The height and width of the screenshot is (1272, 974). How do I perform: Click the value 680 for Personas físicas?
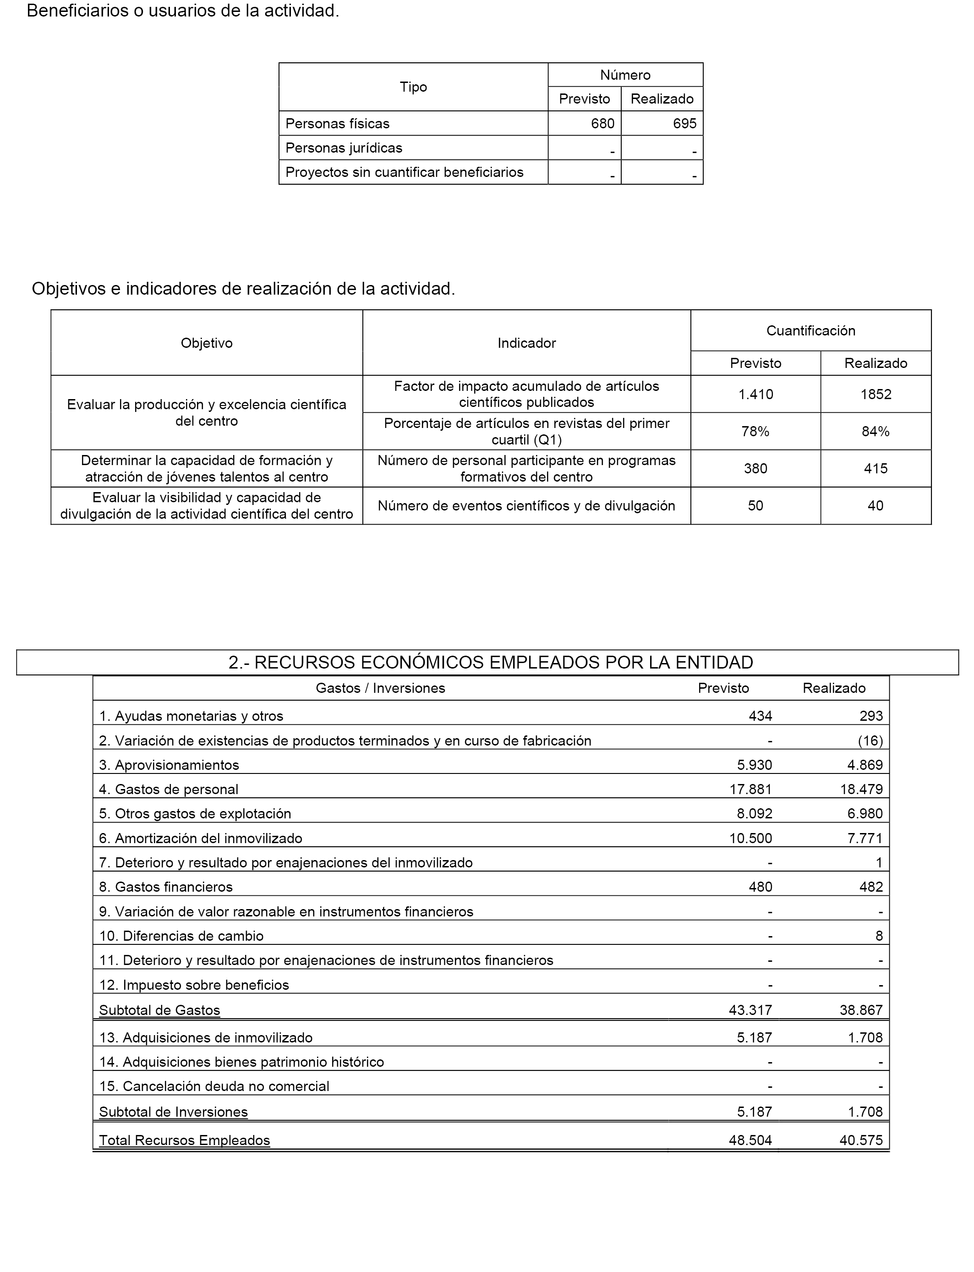(602, 124)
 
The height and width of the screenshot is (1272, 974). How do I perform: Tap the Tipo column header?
(413, 87)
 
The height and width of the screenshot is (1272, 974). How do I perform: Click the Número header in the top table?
(625, 75)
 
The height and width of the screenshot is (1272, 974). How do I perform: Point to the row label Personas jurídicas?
(344, 148)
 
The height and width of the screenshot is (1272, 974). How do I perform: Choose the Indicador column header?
(526, 343)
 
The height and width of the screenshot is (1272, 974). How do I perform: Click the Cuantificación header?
(810, 330)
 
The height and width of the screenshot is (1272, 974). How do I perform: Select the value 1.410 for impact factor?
(755, 394)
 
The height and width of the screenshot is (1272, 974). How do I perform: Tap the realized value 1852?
(876, 394)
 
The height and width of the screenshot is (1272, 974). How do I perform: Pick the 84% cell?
(876, 431)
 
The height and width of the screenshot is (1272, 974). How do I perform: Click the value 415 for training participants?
(876, 468)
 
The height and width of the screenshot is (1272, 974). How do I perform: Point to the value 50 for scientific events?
(755, 505)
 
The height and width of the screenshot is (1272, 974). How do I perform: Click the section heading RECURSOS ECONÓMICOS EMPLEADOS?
(491, 662)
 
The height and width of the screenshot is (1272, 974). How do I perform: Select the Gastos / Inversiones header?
(380, 688)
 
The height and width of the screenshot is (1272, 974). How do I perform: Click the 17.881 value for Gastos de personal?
(750, 789)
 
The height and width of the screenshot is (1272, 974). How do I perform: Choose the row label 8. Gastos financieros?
(166, 887)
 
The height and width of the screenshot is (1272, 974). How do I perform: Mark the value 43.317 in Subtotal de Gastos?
(750, 1010)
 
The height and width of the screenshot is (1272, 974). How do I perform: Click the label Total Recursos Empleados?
(184, 1140)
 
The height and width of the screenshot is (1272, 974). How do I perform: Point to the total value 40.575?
(861, 1140)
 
